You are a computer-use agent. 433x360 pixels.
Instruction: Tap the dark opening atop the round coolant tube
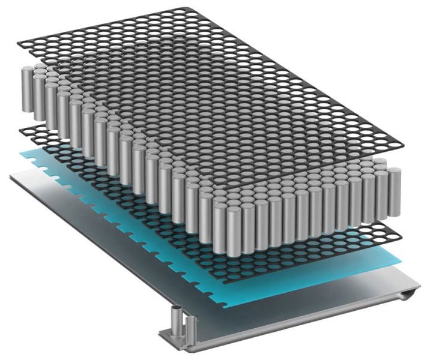[x=177, y=310]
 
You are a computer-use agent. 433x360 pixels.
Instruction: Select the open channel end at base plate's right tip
[x=412, y=293]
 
